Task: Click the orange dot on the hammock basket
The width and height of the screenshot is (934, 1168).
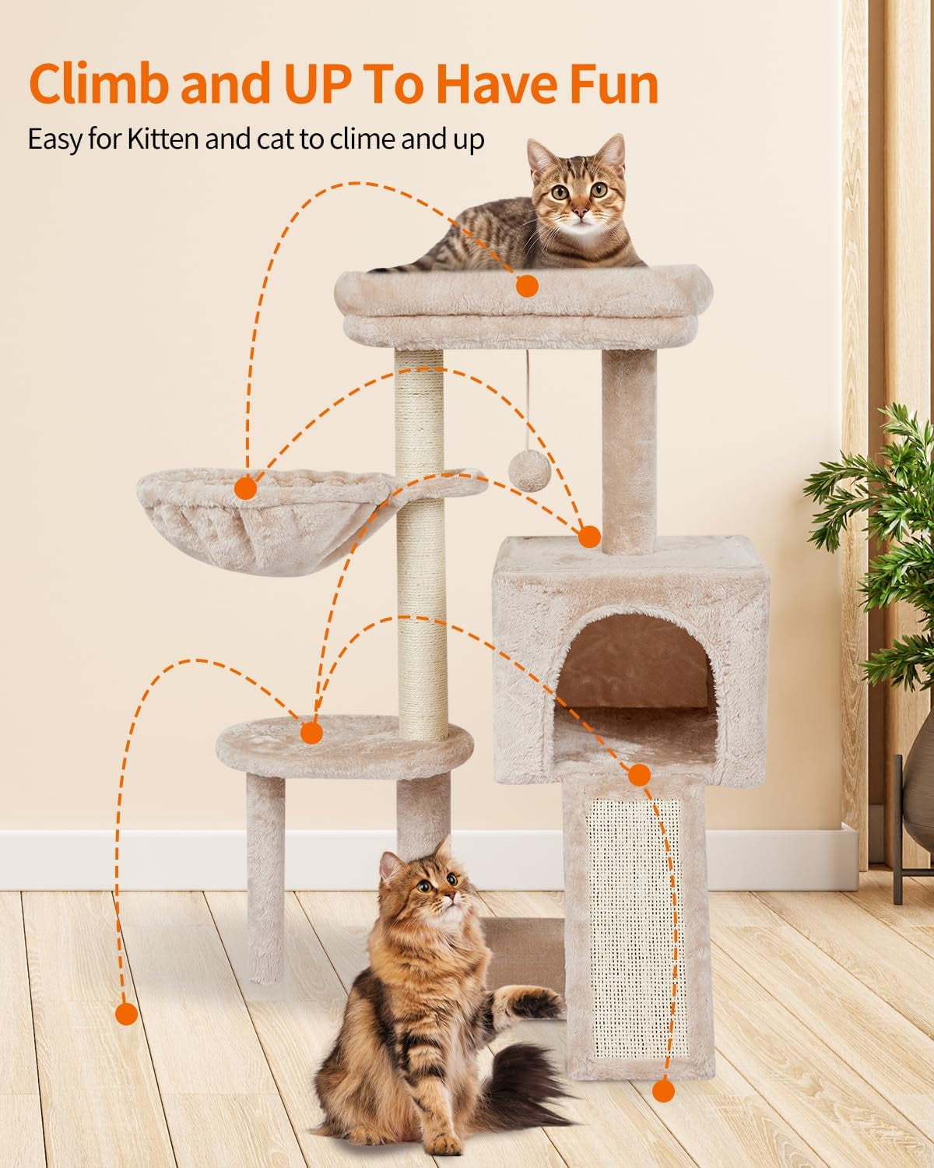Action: tap(246, 489)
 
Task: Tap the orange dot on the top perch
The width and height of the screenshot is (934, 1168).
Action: tap(527, 286)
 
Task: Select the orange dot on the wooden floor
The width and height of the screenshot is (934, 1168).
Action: tap(125, 1014)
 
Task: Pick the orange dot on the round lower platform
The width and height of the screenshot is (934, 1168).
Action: tap(311, 733)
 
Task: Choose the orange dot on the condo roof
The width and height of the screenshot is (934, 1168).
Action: tap(589, 537)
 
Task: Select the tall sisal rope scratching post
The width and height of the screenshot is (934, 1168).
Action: tap(420, 545)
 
